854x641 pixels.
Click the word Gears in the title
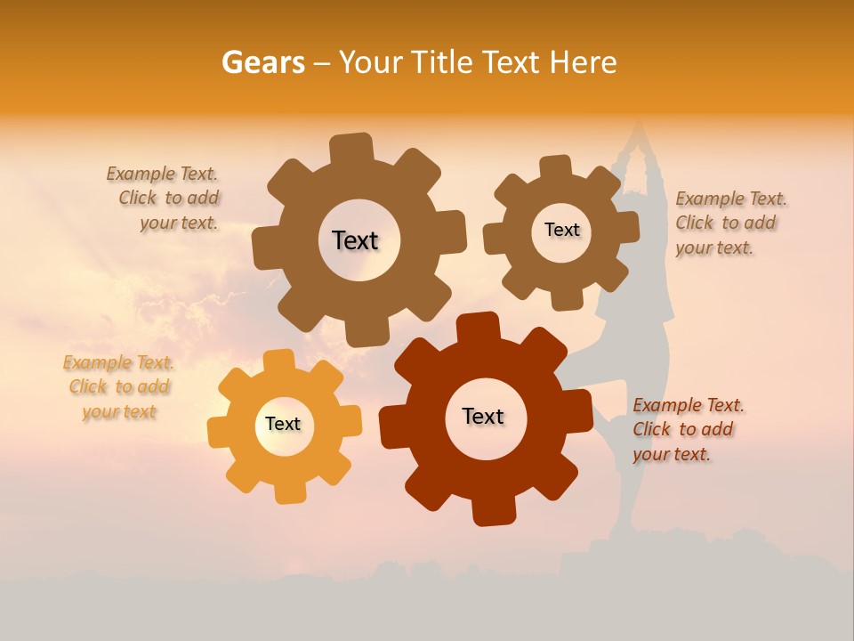coord(262,62)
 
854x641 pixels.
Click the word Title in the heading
coord(445,62)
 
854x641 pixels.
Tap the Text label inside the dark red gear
coord(483,416)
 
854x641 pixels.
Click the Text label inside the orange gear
coord(283,424)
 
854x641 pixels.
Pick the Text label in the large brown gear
coord(355,240)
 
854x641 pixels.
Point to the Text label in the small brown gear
coord(561,230)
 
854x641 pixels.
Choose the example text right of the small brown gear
coord(729,223)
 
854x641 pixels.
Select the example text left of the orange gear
coord(119,387)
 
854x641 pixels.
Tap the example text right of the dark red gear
coord(687,429)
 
